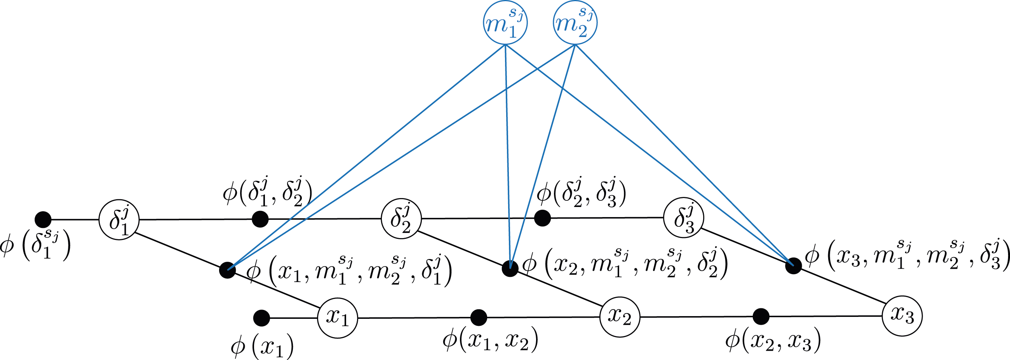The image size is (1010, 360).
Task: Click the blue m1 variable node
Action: pyautogui.click(x=505, y=24)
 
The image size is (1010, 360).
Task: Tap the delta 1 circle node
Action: pyautogui.click(x=119, y=219)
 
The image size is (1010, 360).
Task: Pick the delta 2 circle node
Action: pyautogui.click(x=402, y=219)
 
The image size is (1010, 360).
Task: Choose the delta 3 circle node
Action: pyautogui.click(x=683, y=218)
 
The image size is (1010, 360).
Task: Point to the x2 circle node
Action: pyautogui.click(x=620, y=317)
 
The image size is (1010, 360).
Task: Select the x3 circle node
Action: pyautogui.click(x=902, y=316)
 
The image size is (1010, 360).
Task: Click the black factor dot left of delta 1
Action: pyautogui.click(x=43, y=219)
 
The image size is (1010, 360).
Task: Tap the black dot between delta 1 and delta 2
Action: pyautogui.click(x=260, y=219)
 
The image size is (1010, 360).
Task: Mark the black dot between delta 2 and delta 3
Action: pyautogui.click(x=543, y=218)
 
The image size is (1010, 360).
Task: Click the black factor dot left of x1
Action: pyautogui.click(x=261, y=318)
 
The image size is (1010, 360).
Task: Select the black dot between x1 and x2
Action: pyautogui.click(x=479, y=317)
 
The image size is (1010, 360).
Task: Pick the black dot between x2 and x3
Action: pyautogui.click(x=761, y=317)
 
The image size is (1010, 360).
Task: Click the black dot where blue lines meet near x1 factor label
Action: pyautogui.click(x=227, y=270)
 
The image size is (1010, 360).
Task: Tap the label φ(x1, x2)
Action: pyautogui.click(x=491, y=339)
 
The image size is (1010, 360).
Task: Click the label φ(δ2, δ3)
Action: pyautogui.click(x=582, y=192)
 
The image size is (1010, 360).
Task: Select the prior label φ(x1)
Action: pyautogui.click(x=262, y=346)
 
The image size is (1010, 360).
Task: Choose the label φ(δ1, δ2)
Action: pyautogui.click(x=268, y=192)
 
